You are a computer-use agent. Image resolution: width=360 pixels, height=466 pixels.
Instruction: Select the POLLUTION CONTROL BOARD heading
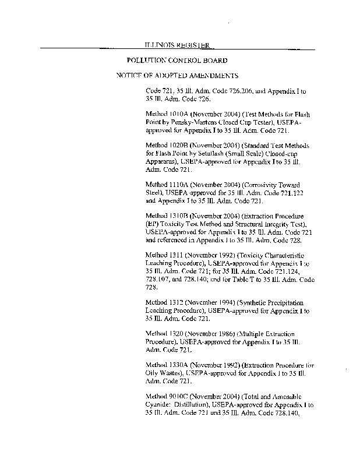point(177,60)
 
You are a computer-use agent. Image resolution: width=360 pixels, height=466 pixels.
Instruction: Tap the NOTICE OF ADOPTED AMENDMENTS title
point(177,76)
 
